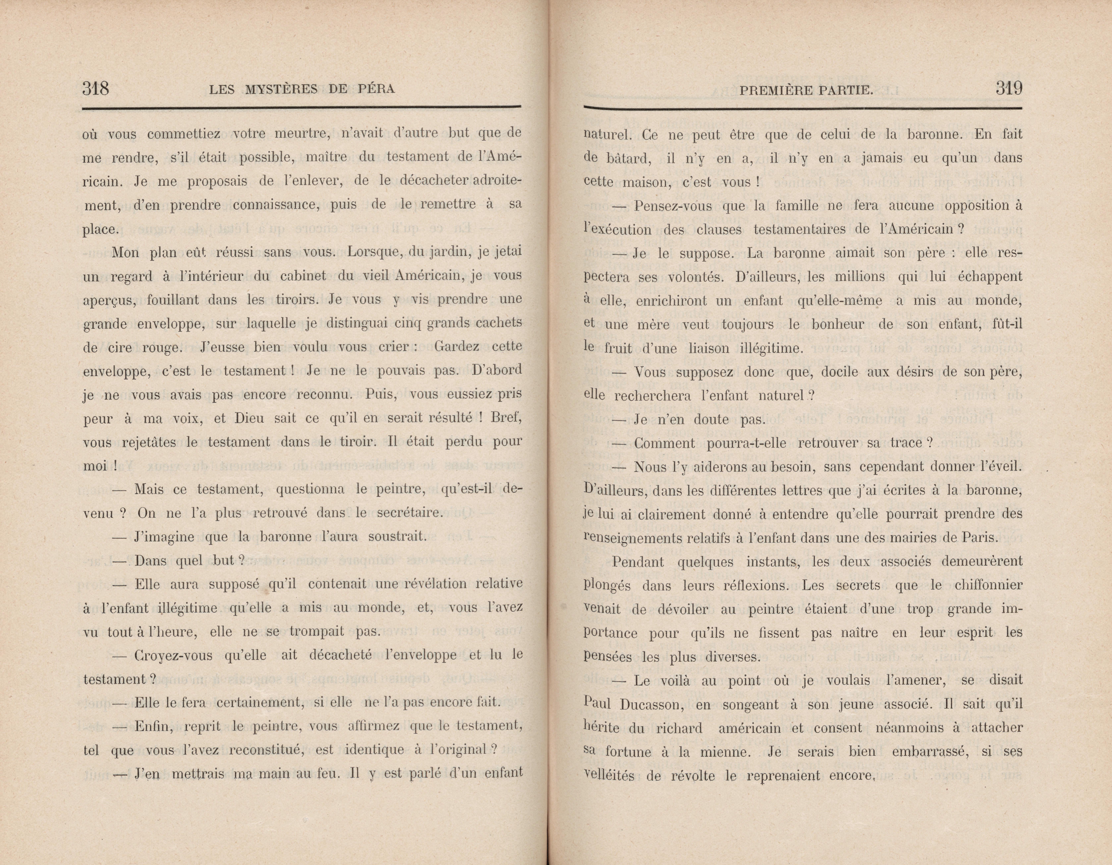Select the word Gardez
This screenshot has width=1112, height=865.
[457, 347]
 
